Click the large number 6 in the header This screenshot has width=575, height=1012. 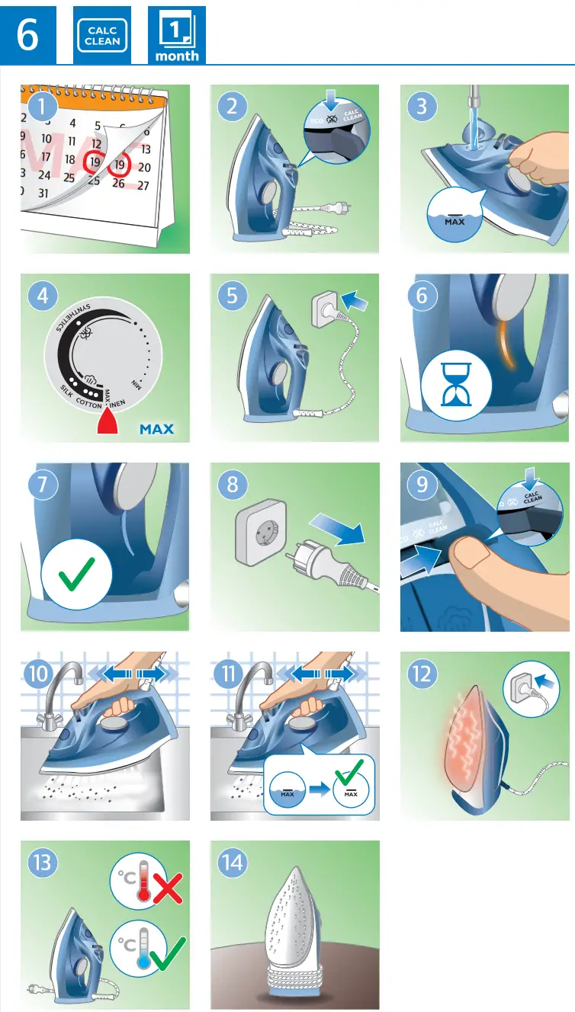coord(27,35)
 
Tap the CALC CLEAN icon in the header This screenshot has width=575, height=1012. coord(101,36)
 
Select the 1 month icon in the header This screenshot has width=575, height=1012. coord(176,35)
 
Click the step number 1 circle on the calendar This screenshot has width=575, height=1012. coord(43,107)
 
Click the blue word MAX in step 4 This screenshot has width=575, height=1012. coord(156,428)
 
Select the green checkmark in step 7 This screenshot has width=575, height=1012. coord(76,573)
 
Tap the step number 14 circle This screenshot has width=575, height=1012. coord(233,863)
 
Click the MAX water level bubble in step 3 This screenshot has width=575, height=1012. coord(455,214)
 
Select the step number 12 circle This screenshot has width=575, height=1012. coord(422,674)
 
